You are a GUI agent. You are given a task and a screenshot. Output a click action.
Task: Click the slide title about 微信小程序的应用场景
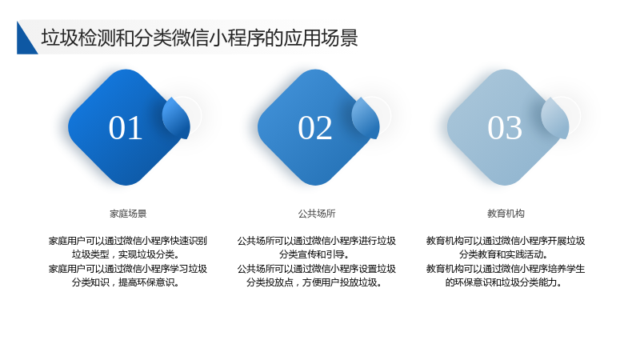(199, 38)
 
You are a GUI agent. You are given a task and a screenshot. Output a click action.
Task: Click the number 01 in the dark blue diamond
(126, 128)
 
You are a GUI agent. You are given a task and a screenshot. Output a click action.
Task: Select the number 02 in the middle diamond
(314, 128)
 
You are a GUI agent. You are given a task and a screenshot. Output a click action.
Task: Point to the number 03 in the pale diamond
(505, 128)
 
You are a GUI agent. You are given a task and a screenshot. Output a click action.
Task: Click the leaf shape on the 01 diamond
(177, 118)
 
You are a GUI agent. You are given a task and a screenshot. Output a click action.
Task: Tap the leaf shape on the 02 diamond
(366, 118)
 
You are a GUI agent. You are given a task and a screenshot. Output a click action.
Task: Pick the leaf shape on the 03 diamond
(555, 118)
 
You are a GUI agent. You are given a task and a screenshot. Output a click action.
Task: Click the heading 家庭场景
(128, 214)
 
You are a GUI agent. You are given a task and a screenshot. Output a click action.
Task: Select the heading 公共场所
(317, 214)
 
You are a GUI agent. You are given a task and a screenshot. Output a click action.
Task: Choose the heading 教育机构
(506, 214)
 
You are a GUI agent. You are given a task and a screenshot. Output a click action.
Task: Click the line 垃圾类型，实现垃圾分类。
(126, 254)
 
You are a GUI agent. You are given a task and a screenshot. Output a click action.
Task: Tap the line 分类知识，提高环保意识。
(126, 282)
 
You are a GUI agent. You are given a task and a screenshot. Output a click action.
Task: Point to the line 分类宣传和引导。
(314, 254)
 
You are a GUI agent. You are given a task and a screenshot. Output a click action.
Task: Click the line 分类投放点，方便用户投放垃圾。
(314, 282)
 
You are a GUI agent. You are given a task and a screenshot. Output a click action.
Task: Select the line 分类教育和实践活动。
(504, 254)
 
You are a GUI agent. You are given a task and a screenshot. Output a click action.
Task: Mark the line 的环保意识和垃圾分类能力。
(504, 282)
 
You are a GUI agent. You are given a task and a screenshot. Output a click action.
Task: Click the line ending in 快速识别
(128, 241)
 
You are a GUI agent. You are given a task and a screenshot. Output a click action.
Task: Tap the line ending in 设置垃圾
(317, 269)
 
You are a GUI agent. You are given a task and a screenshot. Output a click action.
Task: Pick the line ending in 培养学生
(506, 269)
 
